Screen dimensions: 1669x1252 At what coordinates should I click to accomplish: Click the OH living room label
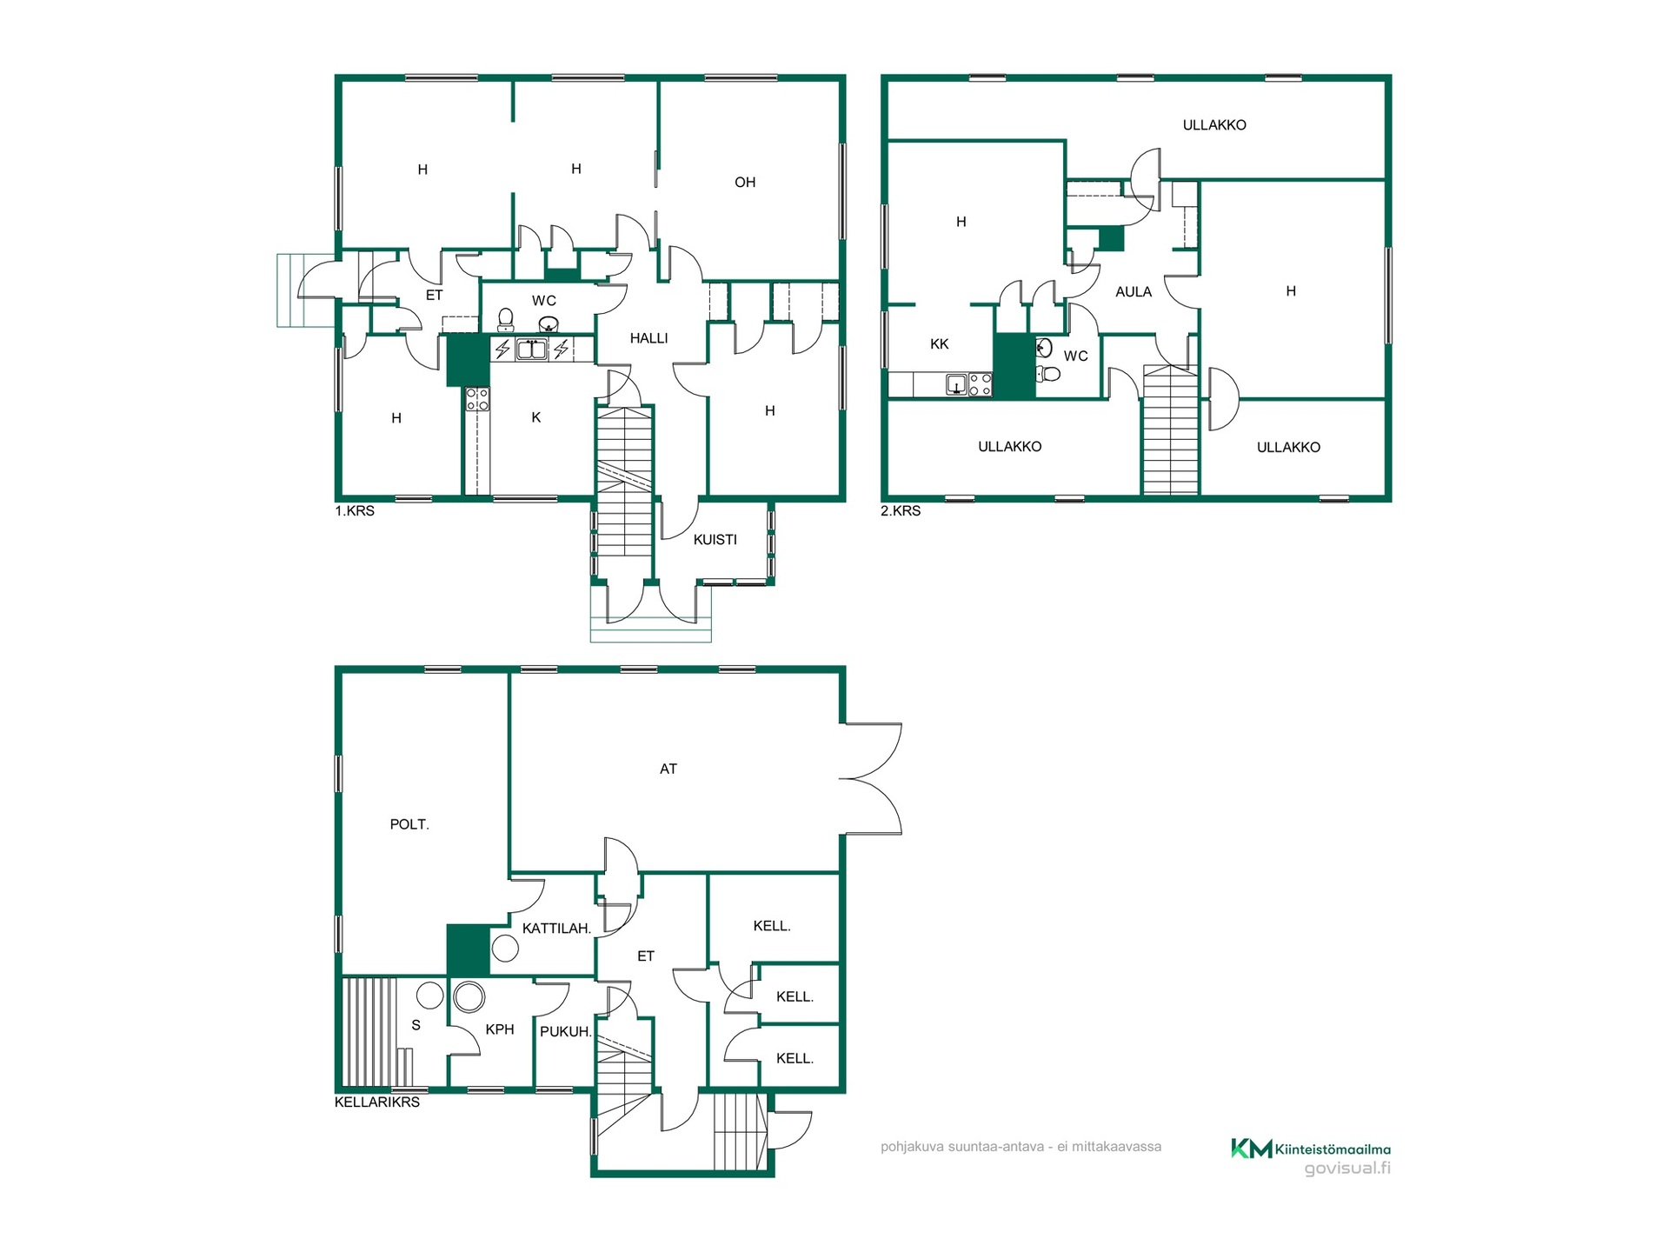(x=745, y=183)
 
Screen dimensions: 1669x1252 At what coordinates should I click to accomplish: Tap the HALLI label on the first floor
(x=649, y=338)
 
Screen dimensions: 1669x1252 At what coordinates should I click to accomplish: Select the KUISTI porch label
(x=715, y=540)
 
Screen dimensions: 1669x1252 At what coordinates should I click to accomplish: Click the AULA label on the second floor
(x=1134, y=292)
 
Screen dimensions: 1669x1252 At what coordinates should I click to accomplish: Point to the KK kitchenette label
(x=940, y=344)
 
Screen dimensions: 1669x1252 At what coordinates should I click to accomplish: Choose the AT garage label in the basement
(x=668, y=769)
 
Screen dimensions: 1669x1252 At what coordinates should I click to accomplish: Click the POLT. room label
(x=409, y=824)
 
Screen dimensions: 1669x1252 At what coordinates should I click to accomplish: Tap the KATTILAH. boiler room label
(x=556, y=929)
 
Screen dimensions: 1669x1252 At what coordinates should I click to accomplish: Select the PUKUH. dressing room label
(x=566, y=1032)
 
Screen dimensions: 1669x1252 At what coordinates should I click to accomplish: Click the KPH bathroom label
(x=500, y=1029)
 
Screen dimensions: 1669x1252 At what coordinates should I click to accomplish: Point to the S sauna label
(x=416, y=1026)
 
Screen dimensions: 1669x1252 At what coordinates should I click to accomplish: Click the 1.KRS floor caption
(x=355, y=511)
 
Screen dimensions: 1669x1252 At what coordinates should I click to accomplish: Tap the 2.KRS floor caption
(x=901, y=511)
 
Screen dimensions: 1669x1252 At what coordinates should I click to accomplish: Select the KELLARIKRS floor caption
(x=377, y=1102)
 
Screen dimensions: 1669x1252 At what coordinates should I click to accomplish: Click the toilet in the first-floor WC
(x=505, y=320)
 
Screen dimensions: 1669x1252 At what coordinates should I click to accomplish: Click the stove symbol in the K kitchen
(x=477, y=399)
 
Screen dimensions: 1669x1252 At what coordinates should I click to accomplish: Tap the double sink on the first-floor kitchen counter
(x=532, y=350)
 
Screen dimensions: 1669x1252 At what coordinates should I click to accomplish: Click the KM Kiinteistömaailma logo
(x=1310, y=1149)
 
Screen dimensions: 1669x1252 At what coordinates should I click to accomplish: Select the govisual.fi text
(x=1347, y=1169)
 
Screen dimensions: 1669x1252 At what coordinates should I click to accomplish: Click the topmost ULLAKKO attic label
(x=1214, y=125)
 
